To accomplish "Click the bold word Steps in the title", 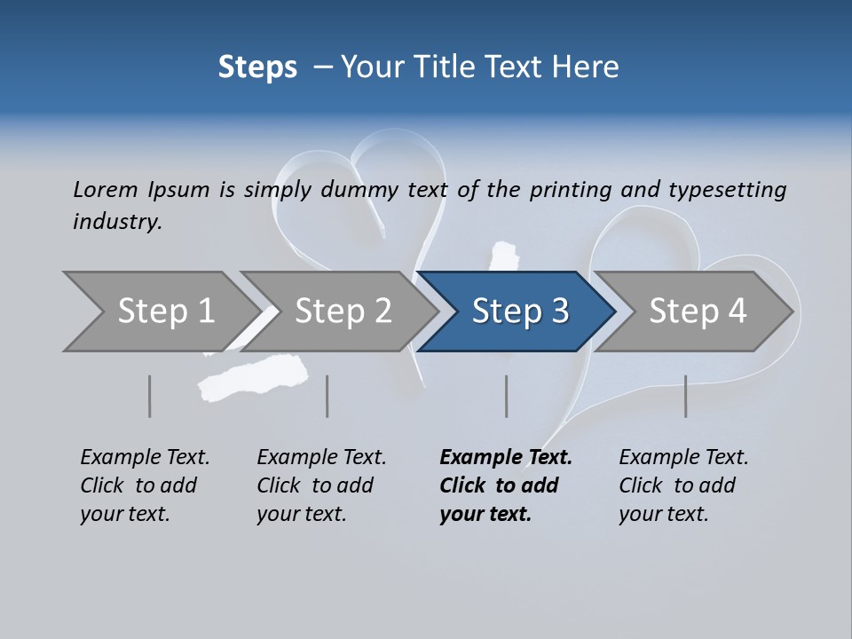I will (257, 67).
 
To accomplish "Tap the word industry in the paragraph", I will (116, 221).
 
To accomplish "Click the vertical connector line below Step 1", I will (149, 396).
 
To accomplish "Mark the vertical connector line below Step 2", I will (327, 396).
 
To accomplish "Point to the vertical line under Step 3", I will (506, 396).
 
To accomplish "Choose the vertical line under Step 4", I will (685, 396).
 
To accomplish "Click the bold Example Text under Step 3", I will (506, 458).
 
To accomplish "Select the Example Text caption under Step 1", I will (145, 458).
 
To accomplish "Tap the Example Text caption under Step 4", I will (683, 458).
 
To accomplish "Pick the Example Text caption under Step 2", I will (321, 458).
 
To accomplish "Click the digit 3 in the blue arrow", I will (559, 312).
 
